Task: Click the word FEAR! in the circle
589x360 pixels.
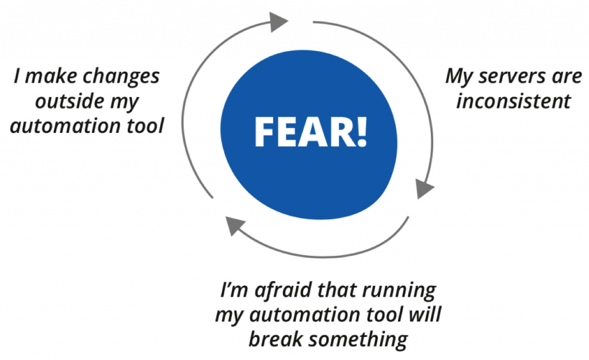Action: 311,132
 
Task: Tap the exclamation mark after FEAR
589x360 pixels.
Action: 361,132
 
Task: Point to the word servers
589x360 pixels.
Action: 512,76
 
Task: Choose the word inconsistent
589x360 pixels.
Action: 514,101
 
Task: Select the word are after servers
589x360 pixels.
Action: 567,76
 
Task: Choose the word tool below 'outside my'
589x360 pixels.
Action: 146,125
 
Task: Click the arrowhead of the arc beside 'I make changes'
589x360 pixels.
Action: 278,21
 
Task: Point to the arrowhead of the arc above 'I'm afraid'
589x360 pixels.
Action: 235,225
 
